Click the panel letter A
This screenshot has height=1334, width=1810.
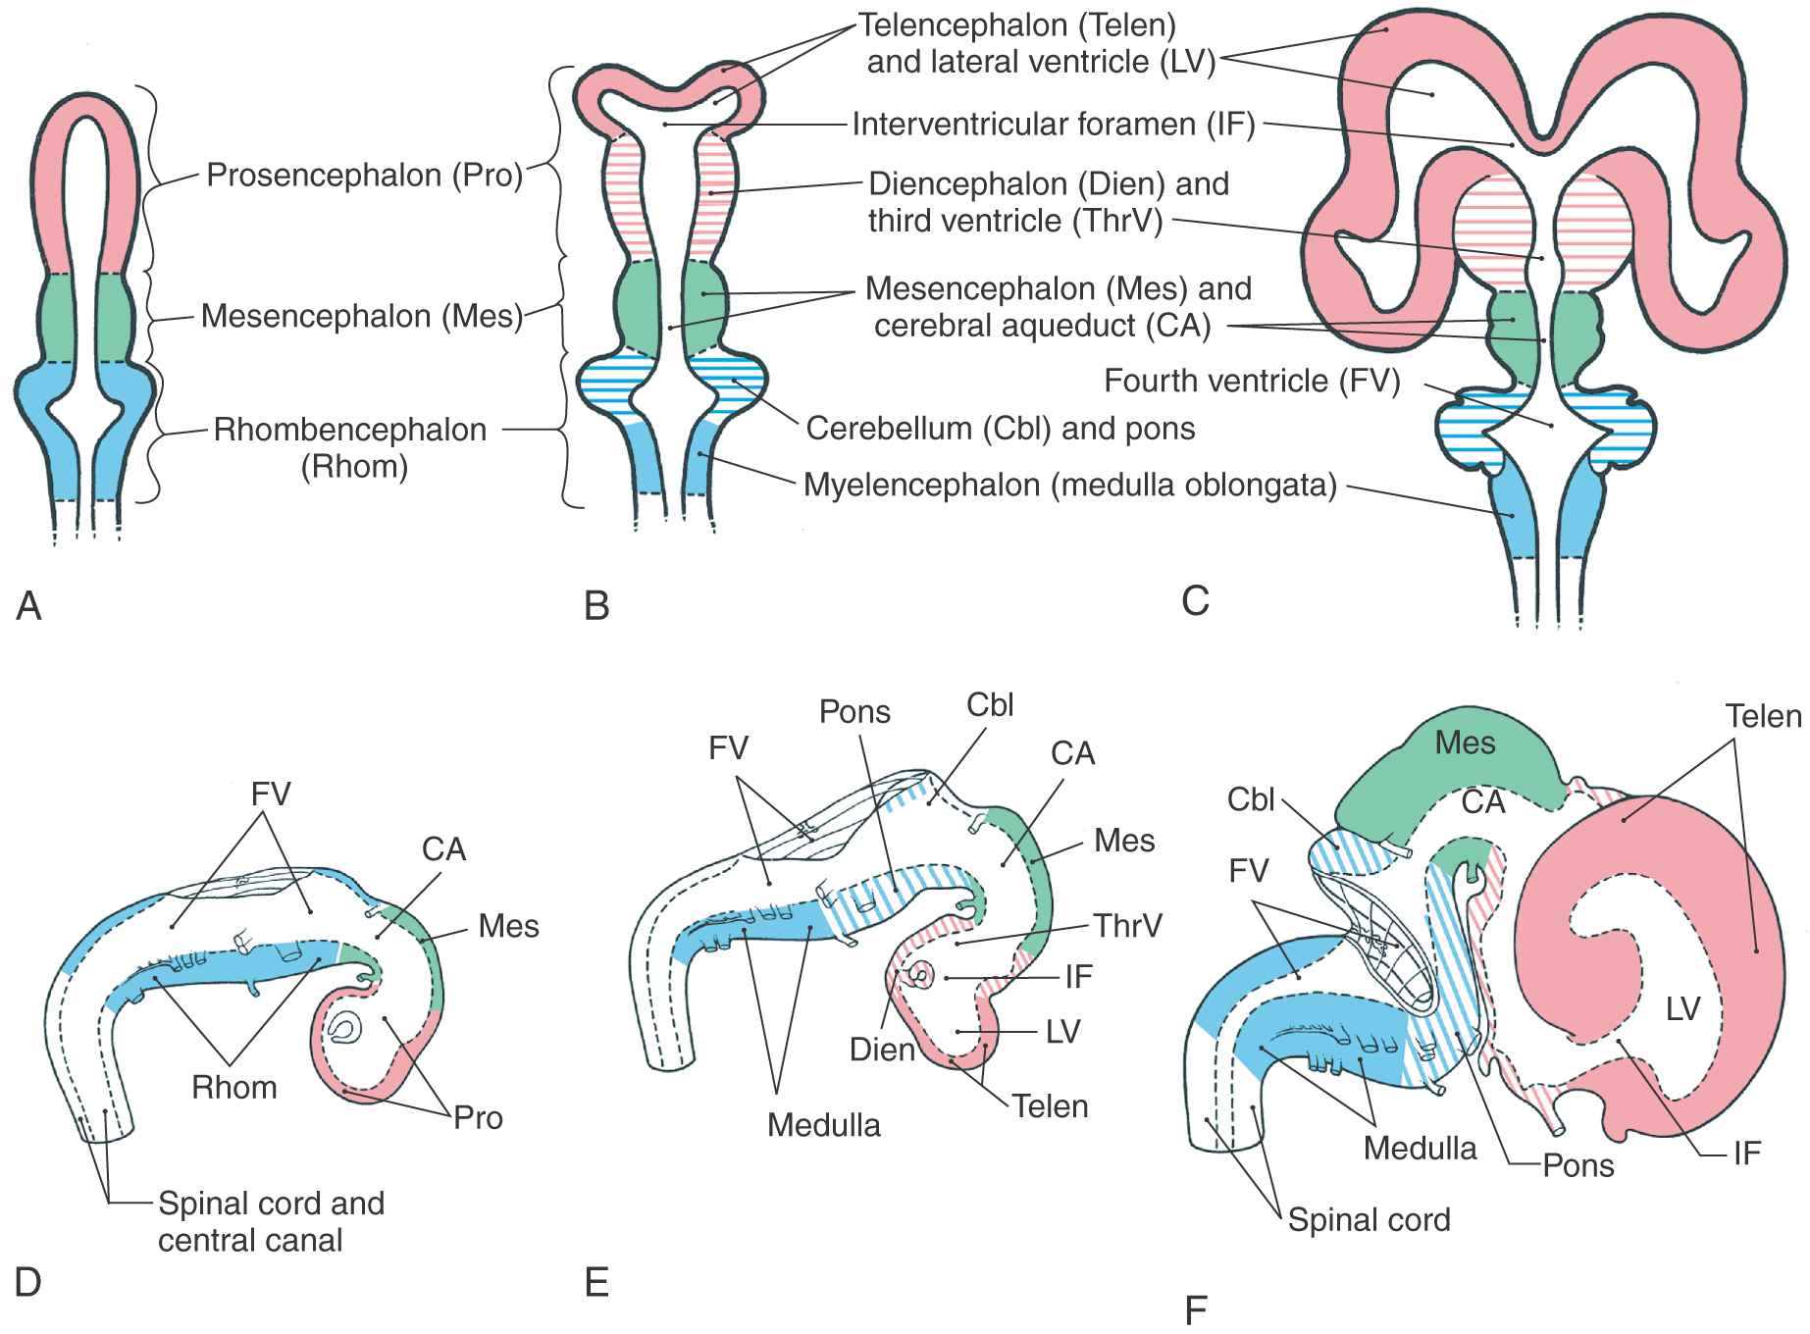click(28, 605)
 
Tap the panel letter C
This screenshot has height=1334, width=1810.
click(1195, 600)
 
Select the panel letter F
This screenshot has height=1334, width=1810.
click(1196, 1310)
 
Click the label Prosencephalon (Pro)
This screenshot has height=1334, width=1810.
click(365, 176)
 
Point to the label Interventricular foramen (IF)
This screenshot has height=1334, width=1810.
click(1054, 125)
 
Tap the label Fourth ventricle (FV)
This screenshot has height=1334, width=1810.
click(1252, 381)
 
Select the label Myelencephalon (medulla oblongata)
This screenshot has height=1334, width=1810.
click(1070, 485)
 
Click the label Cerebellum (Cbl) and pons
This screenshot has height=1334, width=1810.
click(1001, 429)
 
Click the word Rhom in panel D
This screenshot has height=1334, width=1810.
click(234, 1087)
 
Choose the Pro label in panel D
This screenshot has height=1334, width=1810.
click(478, 1117)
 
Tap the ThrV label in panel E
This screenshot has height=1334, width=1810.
click(1127, 925)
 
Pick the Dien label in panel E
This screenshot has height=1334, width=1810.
click(882, 1050)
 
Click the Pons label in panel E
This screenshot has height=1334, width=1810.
click(854, 711)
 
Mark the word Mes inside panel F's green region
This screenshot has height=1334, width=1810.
click(1465, 743)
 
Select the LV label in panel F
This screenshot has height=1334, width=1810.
click(1682, 1008)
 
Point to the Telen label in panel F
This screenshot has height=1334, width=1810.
click(1764, 716)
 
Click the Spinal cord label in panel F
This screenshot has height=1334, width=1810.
click(1369, 1219)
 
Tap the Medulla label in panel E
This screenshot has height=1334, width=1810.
click(824, 1125)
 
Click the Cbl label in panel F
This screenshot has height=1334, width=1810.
click(1251, 799)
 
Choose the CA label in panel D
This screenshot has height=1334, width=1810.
click(443, 848)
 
